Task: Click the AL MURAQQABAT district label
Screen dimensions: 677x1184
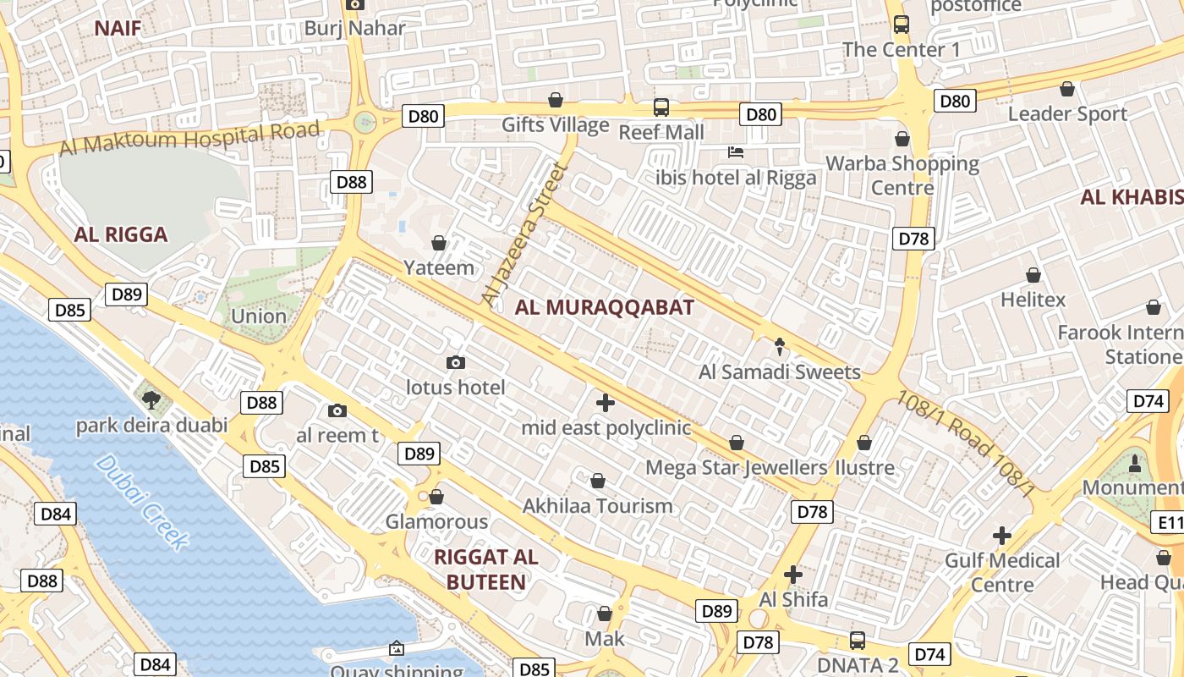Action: (604, 307)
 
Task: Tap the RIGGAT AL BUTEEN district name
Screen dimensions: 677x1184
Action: (486, 569)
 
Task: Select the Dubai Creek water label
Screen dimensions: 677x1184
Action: (141, 502)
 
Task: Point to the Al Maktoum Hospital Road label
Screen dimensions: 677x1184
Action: (189, 138)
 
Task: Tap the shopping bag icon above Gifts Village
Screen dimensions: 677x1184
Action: (556, 101)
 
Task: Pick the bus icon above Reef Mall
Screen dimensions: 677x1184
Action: (661, 107)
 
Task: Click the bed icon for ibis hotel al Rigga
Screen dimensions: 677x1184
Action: (736, 152)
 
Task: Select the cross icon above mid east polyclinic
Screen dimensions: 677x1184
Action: (605, 402)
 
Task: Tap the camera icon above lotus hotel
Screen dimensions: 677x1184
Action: (456, 363)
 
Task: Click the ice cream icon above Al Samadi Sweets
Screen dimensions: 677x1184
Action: (779, 346)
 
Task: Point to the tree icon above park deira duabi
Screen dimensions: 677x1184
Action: (151, 399)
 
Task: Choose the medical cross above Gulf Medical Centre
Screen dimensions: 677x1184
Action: (1002, 535)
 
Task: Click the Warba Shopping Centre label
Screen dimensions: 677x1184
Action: (902, 174)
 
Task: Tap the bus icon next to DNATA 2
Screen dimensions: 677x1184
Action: (858, 640)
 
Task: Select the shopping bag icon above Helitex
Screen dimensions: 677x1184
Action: (1033, 275)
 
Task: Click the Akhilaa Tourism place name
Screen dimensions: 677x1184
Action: (598, 506)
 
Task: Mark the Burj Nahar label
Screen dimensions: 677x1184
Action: (355, 27)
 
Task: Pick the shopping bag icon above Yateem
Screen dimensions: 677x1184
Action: (439, 244)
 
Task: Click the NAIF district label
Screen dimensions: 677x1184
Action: (118, 28)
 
